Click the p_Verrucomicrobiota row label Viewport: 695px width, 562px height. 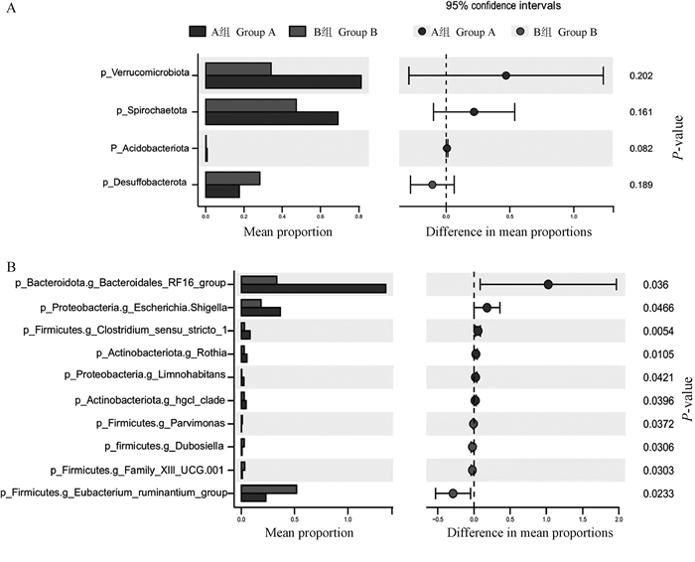147,73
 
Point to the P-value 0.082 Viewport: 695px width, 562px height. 640,148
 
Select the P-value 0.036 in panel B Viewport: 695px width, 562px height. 646,284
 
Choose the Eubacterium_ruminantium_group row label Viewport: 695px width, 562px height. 115,492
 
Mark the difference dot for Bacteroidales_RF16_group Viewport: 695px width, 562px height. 548,284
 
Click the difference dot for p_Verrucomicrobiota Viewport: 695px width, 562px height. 505,74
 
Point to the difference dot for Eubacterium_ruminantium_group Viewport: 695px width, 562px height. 454,493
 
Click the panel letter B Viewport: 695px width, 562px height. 11,267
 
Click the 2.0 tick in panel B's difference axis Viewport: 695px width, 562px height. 619,519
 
